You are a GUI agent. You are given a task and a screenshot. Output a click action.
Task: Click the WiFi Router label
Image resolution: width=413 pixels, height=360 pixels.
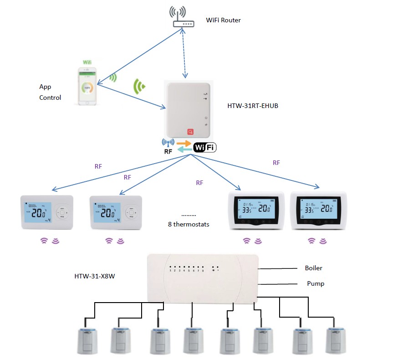223,20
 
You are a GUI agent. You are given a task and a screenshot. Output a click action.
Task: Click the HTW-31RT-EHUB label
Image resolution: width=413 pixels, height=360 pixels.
253,106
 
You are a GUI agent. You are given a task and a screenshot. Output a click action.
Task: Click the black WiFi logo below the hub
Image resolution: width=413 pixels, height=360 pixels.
205,147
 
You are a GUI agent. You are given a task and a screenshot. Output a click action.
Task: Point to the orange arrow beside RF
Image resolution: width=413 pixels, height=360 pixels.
184,143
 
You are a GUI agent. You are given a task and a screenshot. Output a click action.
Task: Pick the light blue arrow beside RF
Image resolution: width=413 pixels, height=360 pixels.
184,150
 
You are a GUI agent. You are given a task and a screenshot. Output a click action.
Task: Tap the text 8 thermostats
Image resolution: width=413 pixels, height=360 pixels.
189,224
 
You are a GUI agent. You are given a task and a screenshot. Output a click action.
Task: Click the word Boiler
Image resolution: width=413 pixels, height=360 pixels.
314,268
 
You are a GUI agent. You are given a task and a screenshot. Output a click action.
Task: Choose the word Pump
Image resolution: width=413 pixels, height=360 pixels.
316,283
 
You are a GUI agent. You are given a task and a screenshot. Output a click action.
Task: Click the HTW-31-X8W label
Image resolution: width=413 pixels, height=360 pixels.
94,276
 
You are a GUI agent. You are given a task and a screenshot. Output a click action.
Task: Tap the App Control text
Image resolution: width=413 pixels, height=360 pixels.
50,92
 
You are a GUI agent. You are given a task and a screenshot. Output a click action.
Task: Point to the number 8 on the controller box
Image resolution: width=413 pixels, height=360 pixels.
203,271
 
